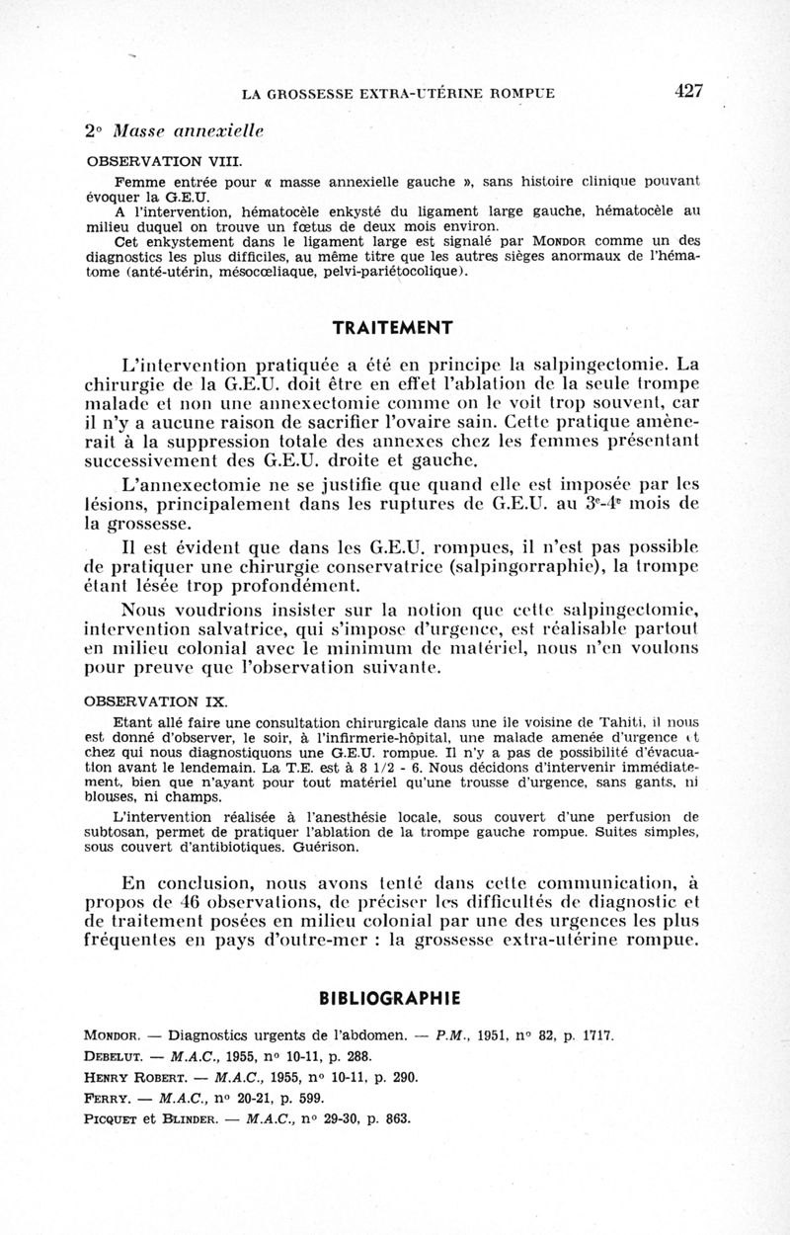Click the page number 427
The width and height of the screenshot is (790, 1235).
pyautogui.click(x=689, y=91)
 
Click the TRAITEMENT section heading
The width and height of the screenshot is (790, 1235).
pyautogui.click(x=393, y=327)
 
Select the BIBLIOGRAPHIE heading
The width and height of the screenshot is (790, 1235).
pyautogui.click(x=394, y=997)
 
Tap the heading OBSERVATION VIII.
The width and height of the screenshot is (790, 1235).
pyautogui.click(x=165, y=160)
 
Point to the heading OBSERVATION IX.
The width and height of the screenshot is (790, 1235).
pyautogui.click(x=158, y=702)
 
